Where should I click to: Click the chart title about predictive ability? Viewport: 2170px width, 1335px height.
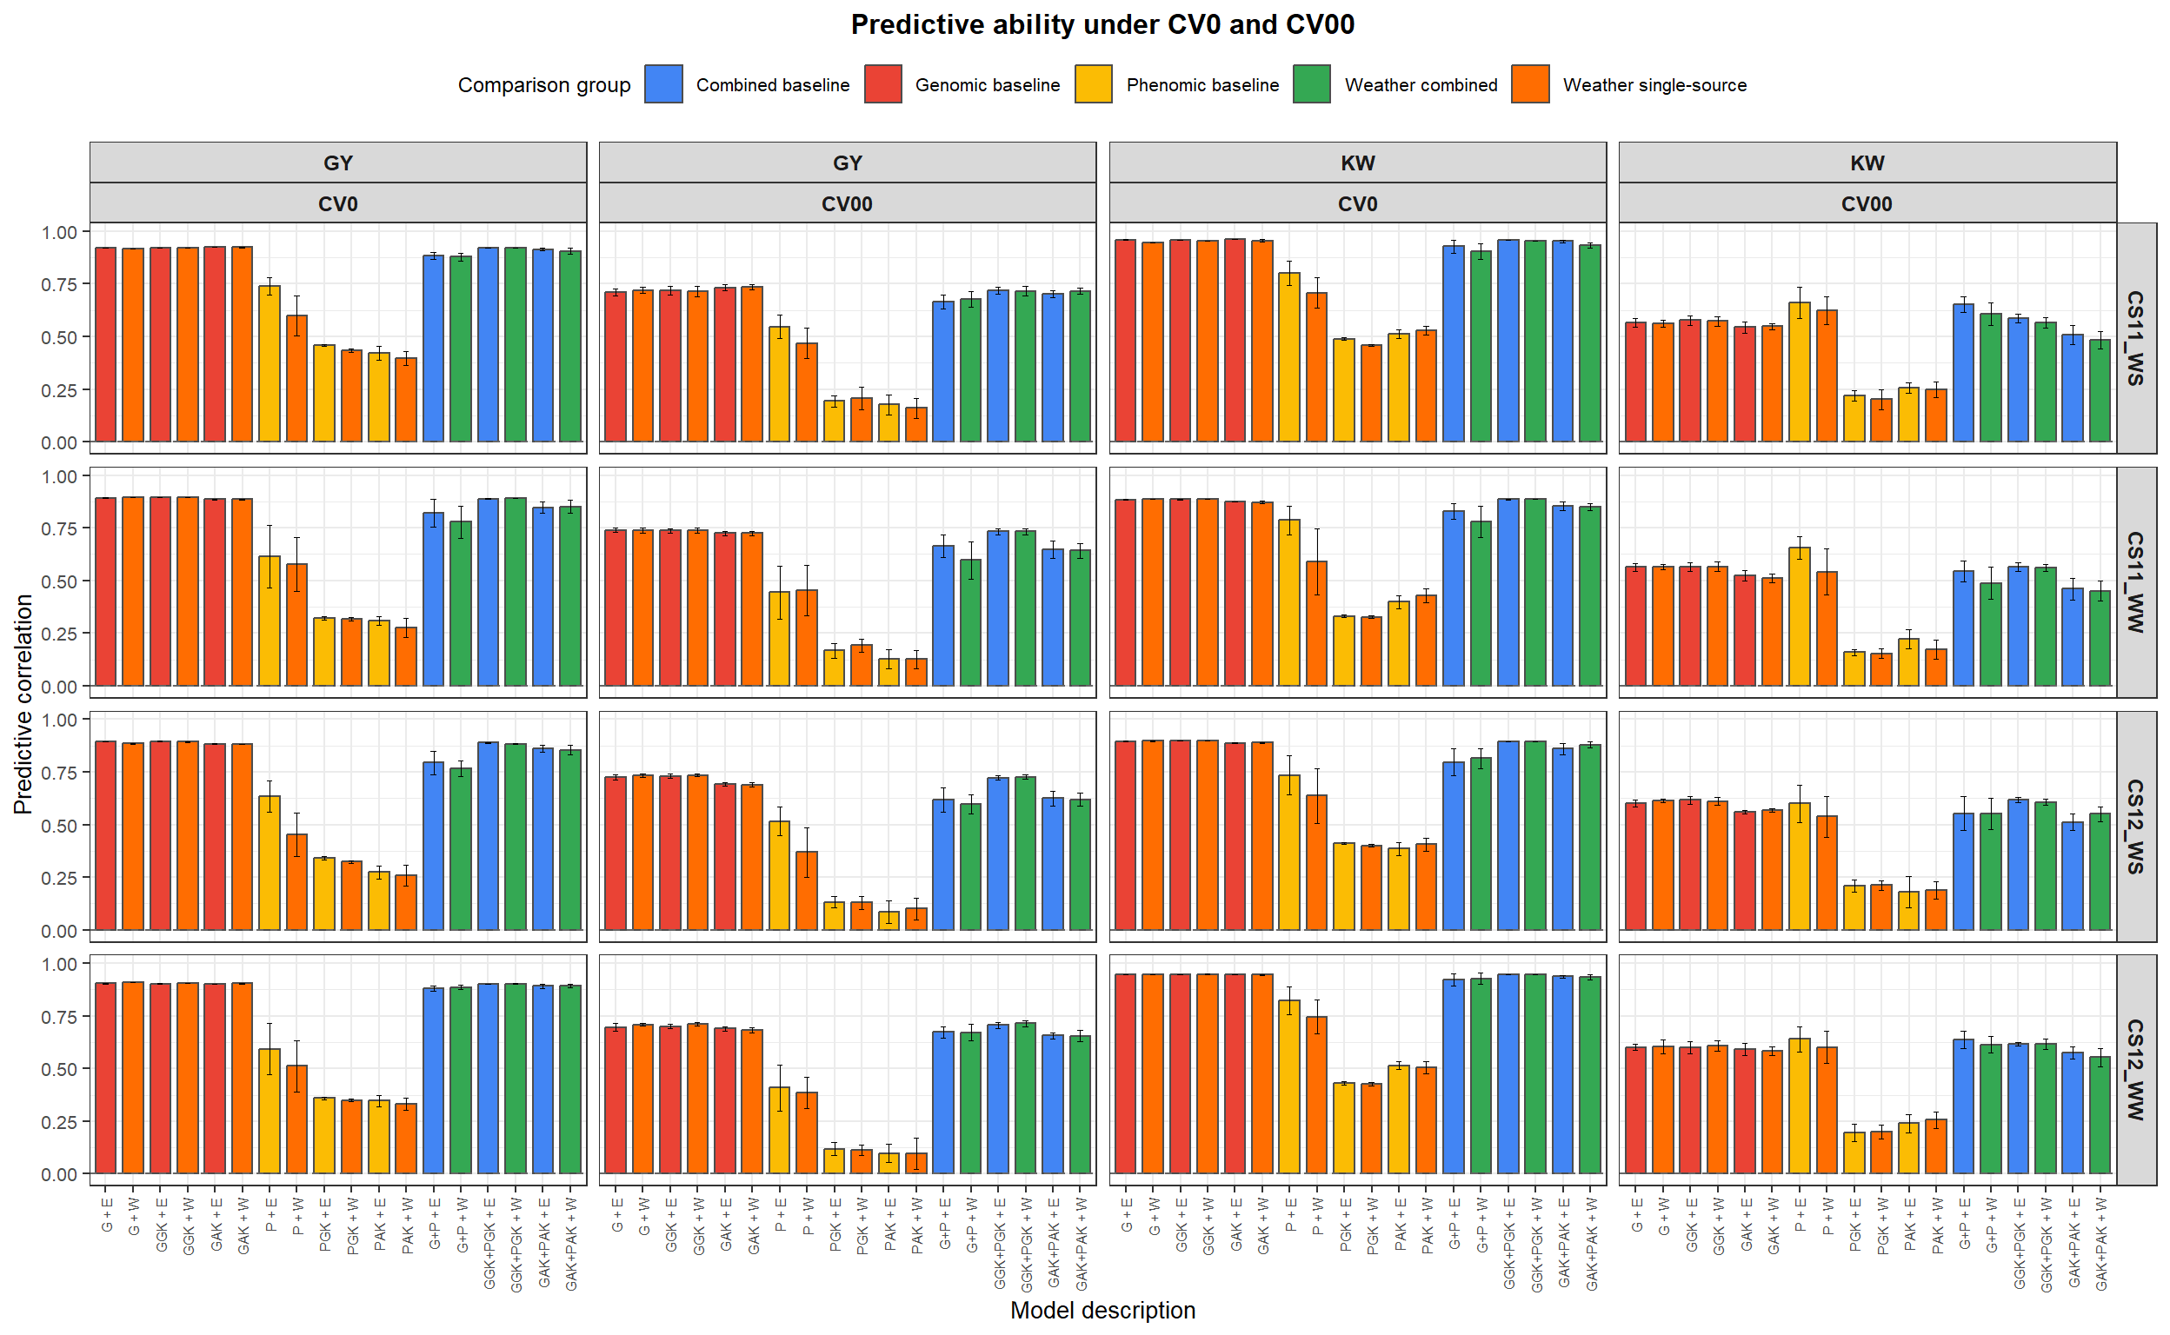pyautogui.click(x=1102, y=24)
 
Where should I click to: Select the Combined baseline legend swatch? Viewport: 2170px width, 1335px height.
pyautogui.click(x=663, y=85)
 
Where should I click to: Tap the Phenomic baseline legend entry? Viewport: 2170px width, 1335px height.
pyautogui.click(x=1201, y=85)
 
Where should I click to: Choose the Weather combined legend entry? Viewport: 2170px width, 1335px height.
pyautogui.click(x=1421, y=85)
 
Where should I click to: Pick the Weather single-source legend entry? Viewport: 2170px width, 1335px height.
pyautogui.click(x=1654, y=85)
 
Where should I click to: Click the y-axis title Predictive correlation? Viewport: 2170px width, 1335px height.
pyautogui.click(x=23, y=703)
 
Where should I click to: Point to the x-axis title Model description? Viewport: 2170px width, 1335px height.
pyautogui.click(x=1102, y=1310)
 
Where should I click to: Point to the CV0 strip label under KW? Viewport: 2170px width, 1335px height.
pyautogui.click(x=1356, y=204)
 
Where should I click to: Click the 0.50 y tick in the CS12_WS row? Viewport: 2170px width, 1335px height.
pyautogui.click(x=58, y=825)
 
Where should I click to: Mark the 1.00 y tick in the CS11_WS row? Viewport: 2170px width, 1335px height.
pyautogui.click(x=58, y=232)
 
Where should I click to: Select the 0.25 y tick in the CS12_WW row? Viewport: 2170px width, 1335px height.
pyautogui.click(x=58, y=1121)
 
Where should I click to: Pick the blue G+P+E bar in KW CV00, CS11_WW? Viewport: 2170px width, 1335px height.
pyautogui.click(x=1962, y=628)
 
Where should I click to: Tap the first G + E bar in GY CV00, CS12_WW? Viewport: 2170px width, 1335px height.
pyautogui.click(x=616, y=1099)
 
